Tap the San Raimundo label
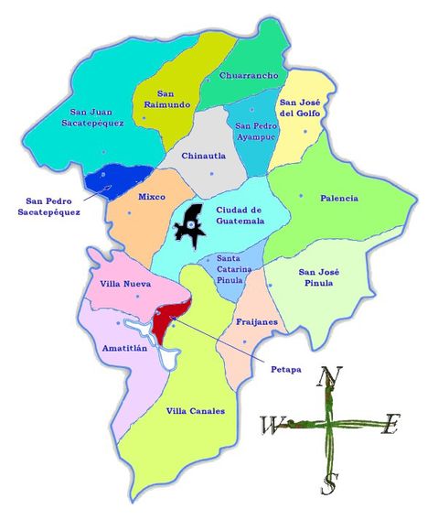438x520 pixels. (x=173, y=99)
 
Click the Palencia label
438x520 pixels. (x=339, y=198)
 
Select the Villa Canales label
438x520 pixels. (x=195, y=411)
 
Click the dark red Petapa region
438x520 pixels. (x=168, y=320)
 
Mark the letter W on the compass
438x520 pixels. (x=272, y=426)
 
